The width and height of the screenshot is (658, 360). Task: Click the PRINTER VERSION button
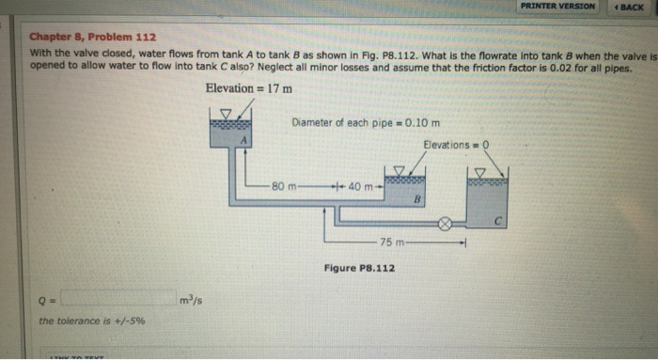560,7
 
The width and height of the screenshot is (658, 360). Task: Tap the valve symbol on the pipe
446,225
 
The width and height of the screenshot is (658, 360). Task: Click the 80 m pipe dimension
284,185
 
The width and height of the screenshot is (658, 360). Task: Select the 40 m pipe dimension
358,185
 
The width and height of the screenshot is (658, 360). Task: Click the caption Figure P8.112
359,269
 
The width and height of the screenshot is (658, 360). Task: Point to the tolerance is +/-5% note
92,321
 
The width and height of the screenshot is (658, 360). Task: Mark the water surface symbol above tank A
225,114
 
